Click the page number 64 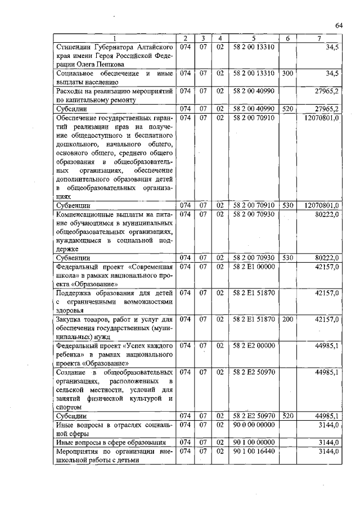339,25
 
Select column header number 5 253,38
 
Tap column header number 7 319,38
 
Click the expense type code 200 287,319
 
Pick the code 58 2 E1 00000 253,267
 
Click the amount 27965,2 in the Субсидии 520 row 326,109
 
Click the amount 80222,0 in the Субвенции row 326,258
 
